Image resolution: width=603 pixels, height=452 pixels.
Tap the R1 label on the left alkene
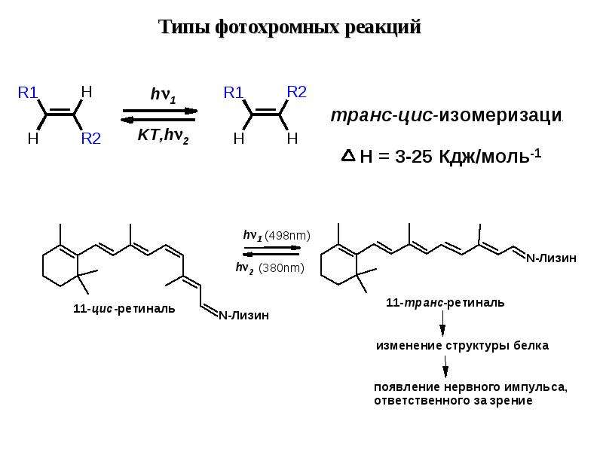pyautogui.click(x=28, y=93)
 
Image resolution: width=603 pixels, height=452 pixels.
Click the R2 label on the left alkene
pyautogui.click(x=90, y=139)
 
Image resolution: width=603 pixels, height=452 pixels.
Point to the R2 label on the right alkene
pyautogui.click(x=296, y=92)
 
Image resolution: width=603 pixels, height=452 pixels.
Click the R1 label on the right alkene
pyautogui.click(x=234, y=93)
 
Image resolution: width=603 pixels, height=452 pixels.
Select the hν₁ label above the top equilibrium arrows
pyautogui.click(x=163, y=95)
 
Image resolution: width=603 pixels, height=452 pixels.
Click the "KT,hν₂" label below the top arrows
pyautogui.click(x=163, y=136)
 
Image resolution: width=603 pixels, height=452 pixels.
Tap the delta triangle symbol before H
pyautogui.click(x=348, y=155)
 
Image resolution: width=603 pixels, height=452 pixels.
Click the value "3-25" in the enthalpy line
pyautogui.click(x=414, y=157)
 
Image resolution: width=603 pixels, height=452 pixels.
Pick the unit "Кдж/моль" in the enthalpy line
pyautogui.click(x=484, y=157)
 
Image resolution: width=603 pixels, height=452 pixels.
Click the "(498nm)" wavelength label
pyautogui.click(x=287, y=235)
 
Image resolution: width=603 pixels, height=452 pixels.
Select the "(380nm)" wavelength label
pyautogui.click(x=281, y=268)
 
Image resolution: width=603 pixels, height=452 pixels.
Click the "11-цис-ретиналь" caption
pyautogui.click(x=124, y=309)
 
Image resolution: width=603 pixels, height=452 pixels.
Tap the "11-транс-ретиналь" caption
pyautogui.click(x=445, y=303)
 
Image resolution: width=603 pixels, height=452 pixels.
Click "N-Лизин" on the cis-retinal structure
pyautogui.click(x=243, y=316)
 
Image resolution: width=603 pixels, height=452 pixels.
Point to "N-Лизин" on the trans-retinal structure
pyautogui.click(x=552, y=258)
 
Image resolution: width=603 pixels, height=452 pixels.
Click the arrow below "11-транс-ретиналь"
pyautogui.click(x=442, y=324)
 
